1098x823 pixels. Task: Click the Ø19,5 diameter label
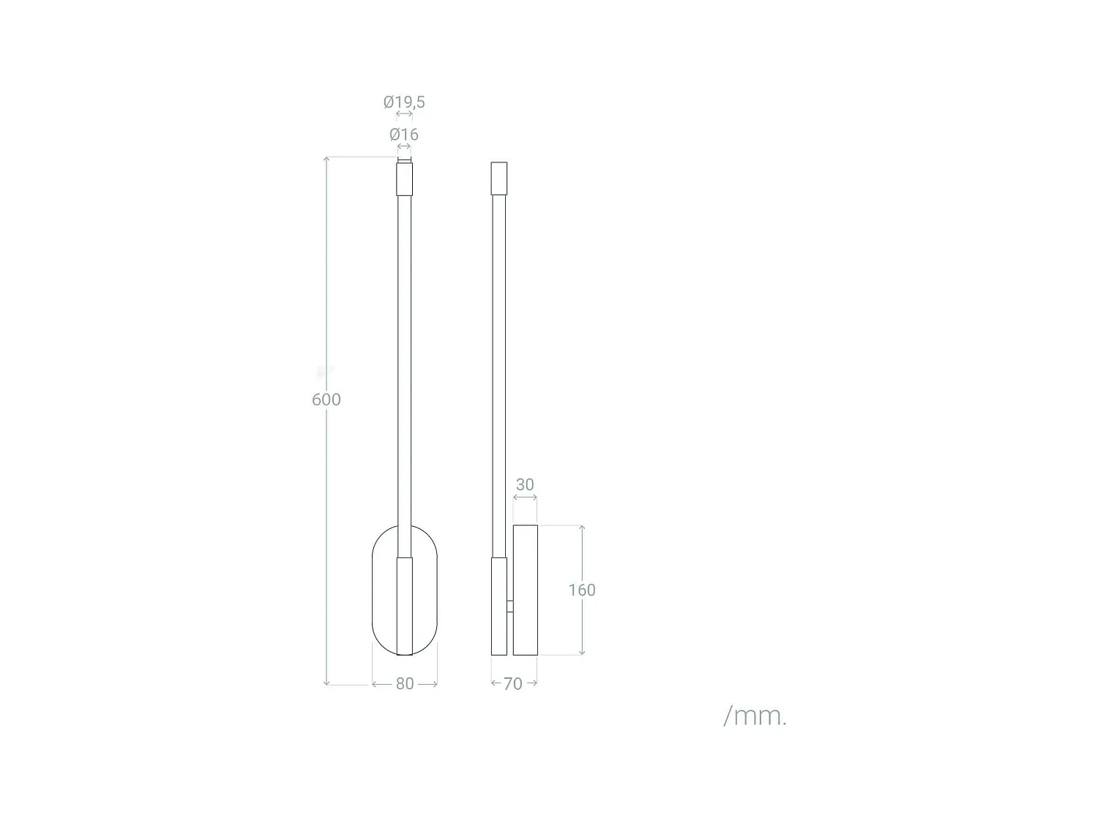pyautogui.click(x=404, y=102)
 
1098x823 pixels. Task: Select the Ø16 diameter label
pyautogui.click(x=404, y=135)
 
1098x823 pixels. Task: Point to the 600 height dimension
pyautogui.click(x=326, y=399)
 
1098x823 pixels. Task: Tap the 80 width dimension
pyautogui.click(x=405, y=684)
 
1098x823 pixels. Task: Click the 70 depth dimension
pyautogui.click(x=513, y=684)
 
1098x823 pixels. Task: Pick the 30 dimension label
pyautogui.click(x=525, y=485)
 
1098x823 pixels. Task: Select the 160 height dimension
pyautogui.click(x=582, y=590)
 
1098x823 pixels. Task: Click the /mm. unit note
pyautogui.click(x=755, y=715)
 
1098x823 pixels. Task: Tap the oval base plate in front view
pyautogui.click(x=382, y=590)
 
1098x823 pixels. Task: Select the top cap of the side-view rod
pyautogui.click(x=498, y=178)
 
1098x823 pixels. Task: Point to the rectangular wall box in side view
pyautogui.click(x=526, y=590)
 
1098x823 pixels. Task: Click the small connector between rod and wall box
pyautogui.click(x=509, y=606)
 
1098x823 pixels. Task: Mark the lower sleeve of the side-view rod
pyautogui.click(x=498, y=606)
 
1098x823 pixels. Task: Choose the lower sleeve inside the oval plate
pyautogui.click(x=405, y=606)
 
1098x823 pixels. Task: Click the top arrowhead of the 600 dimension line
pyautogui.click(x=327, y=159)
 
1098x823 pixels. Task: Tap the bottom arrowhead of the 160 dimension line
pyautogui.click(x=582, y=652)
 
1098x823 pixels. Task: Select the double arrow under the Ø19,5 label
pyautogui.click(x=404, y=115)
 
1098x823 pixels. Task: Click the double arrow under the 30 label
pyautogui.click(x=525, y=498)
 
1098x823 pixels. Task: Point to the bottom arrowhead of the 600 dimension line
pyautogui.click(x=327, y=682)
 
